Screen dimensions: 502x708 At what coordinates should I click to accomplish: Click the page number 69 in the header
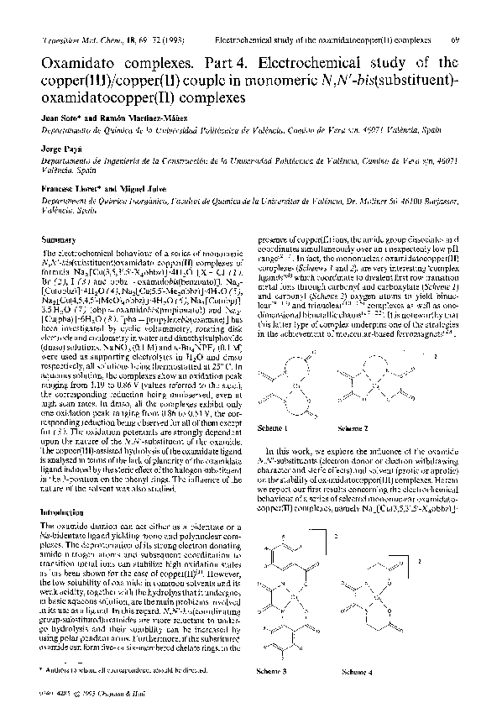[477, 39]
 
